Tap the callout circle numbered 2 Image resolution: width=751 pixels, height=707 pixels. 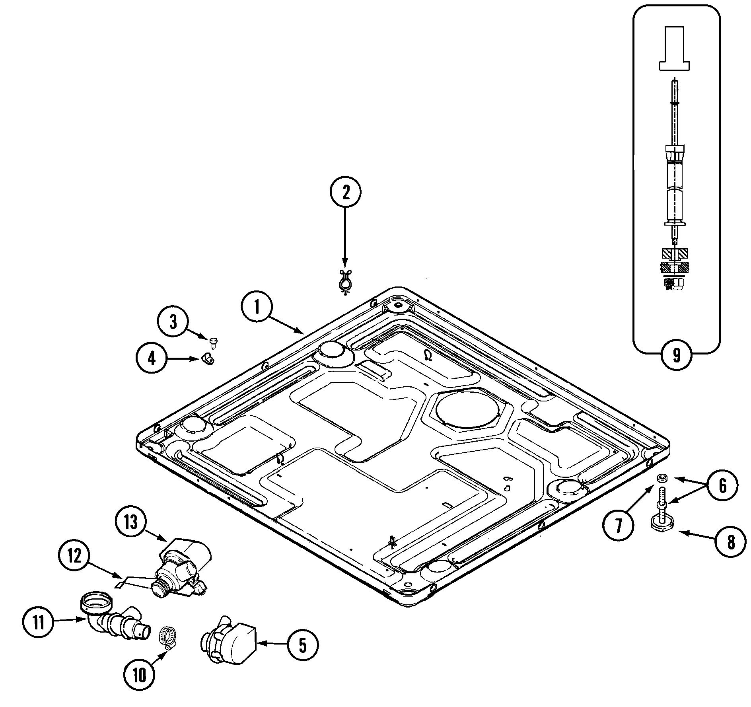[345, 193]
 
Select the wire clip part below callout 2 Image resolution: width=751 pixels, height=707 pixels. [345, 280]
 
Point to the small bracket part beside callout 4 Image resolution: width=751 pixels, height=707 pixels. [207, 358]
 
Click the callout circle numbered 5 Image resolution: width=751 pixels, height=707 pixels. [302, 645]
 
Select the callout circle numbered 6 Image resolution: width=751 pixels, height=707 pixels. [722, 485]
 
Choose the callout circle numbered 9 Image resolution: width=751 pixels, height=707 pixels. [676, 355]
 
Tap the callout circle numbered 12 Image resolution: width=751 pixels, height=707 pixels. [74, 556]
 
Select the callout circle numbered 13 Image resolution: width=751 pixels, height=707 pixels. [131, 522]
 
